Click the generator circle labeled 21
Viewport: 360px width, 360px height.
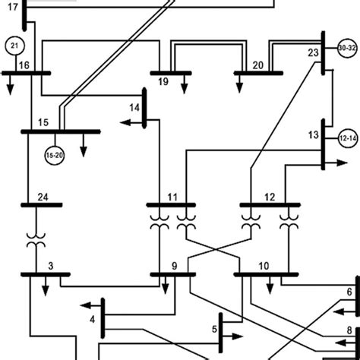point(15,46)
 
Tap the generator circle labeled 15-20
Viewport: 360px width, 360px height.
point(54,155)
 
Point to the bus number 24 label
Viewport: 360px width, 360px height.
point(43,195)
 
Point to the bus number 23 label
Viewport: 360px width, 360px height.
point(312,53)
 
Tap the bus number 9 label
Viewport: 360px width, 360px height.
point(174,266)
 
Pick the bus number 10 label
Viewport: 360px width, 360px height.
point(263,266)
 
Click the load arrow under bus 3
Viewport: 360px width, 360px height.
point(45,284)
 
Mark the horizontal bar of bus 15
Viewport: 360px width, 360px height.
point(61,131)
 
